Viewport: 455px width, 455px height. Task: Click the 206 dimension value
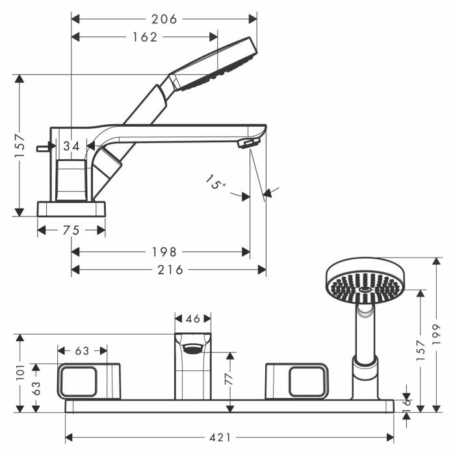pyautogui.click(x=164, y=19)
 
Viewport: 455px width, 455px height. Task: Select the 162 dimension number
pyautogui.click(x=145, y=37)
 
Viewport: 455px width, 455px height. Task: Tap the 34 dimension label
pyautogui.click(x=71, y=146)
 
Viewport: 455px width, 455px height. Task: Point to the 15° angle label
pyautogui.click(x=215, y=182)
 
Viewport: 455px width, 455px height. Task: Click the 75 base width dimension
pyautogui.click(x=71, y=230)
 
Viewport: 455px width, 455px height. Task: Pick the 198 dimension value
pyautogui.click(x=164, y=252)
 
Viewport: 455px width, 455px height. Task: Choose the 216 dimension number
pyautogui.click(x=170, y=270)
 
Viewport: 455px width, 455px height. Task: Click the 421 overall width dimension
pyautogui.click(x=220, y=437)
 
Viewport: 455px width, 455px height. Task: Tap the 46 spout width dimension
pyautogui.click(x=193, y=319)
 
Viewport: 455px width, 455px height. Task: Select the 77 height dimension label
pyautogui.click(x=229, y=378)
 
